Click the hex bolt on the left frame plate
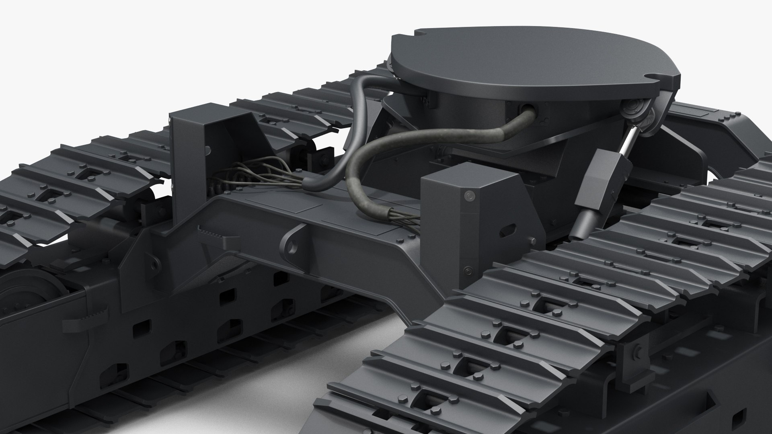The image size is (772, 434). (154, 266)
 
